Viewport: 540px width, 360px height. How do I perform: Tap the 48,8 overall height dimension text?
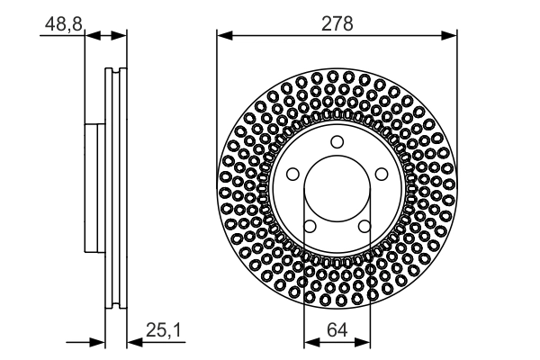click(x=62, y=25)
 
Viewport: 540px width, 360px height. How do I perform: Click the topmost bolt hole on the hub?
click(x=337, y=142)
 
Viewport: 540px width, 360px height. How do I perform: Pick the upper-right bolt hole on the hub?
click(x=381, y=174)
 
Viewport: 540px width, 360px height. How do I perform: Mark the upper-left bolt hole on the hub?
click(x=293, y=174)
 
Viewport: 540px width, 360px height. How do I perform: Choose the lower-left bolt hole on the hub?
click(x=310, y=226)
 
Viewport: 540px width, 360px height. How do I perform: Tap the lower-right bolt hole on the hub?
click(x=364, y=226)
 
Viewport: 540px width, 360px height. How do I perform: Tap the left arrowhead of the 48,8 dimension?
click(x=91, y=36)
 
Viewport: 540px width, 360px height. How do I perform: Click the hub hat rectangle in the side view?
click(x=94, y=189)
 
